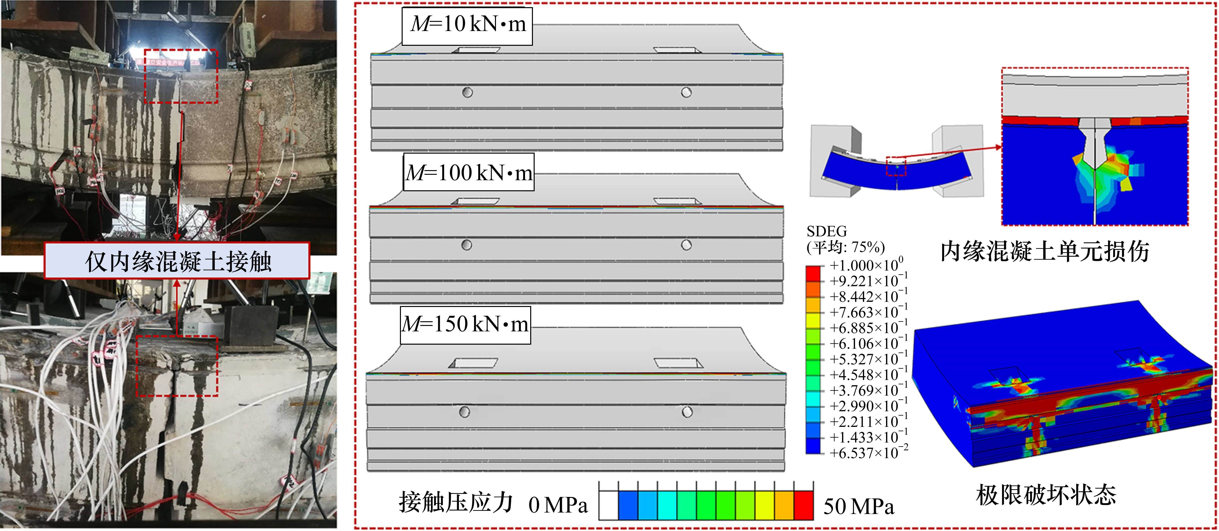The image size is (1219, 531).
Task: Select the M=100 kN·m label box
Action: [x=468, y=172]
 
